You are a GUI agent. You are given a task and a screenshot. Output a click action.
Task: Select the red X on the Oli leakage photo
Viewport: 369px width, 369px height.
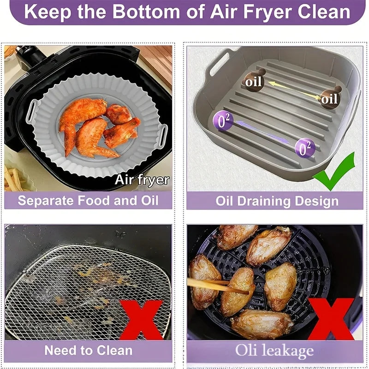pos(330,318)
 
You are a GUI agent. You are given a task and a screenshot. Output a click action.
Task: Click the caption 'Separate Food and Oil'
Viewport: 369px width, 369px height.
pos(88,201)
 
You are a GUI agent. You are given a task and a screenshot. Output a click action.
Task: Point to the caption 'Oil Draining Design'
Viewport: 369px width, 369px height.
pos(277,201)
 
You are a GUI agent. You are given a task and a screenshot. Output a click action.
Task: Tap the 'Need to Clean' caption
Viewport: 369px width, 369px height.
pos(88,350)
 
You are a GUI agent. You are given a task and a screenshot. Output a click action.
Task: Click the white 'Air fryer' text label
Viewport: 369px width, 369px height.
pos(142,180)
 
